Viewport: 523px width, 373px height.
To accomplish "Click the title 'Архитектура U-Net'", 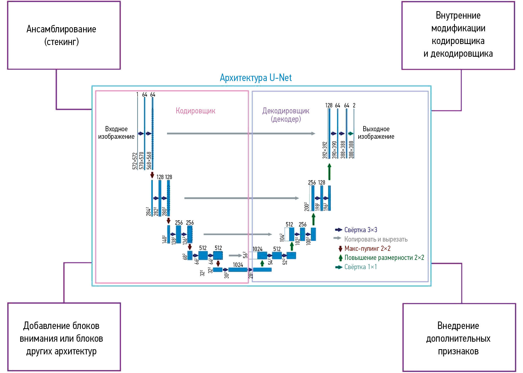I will point(256,78).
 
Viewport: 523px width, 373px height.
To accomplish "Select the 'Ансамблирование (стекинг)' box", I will point(64,35).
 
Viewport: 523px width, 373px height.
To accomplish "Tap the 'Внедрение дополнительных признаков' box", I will point(459,338).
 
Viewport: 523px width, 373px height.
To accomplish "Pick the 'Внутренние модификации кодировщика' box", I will point(458,35).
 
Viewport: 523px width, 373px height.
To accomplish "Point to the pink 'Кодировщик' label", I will point(195,111).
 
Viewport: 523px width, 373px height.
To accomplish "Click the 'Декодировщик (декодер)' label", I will point(286,115).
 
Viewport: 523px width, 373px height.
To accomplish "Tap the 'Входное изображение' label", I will point(116,133).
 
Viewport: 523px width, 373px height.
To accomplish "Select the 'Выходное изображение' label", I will point(376,133).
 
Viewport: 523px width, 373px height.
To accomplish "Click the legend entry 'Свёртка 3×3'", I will point(360,230).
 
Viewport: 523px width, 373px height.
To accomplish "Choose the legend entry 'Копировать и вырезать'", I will point(375,239).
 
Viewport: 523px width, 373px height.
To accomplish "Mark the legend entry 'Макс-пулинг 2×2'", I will point(367,248).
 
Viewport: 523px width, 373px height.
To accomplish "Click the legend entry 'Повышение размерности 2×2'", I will point(384,258).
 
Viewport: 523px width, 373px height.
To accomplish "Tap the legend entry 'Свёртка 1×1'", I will point(360,267).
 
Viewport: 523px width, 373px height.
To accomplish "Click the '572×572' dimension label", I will point(135,161).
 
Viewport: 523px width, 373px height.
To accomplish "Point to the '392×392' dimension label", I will point(325,150).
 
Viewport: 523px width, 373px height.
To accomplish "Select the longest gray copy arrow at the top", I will point(241,134).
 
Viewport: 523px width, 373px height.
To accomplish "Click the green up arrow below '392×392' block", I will point(329,172).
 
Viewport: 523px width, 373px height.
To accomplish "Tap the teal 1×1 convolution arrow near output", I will point(351,134).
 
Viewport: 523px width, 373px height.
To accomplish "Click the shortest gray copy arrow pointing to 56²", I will point(235,255).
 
